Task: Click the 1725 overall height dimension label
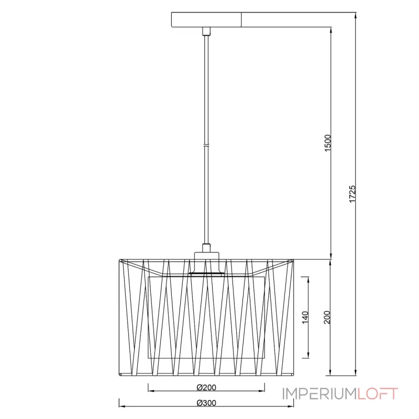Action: tap(352, 194)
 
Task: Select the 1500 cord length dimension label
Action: tap(328, 143)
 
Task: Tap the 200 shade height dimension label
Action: tap(327, 317)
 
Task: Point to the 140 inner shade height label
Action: tap(305, 317)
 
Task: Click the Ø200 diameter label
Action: tap(206, 388)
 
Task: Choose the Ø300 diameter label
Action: tap(206, 403)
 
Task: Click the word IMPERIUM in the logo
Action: tap(319, 394)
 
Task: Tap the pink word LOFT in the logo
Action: tap(378, 394)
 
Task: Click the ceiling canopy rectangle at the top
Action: tap(206, 19)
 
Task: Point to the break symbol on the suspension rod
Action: tap(206, 146)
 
